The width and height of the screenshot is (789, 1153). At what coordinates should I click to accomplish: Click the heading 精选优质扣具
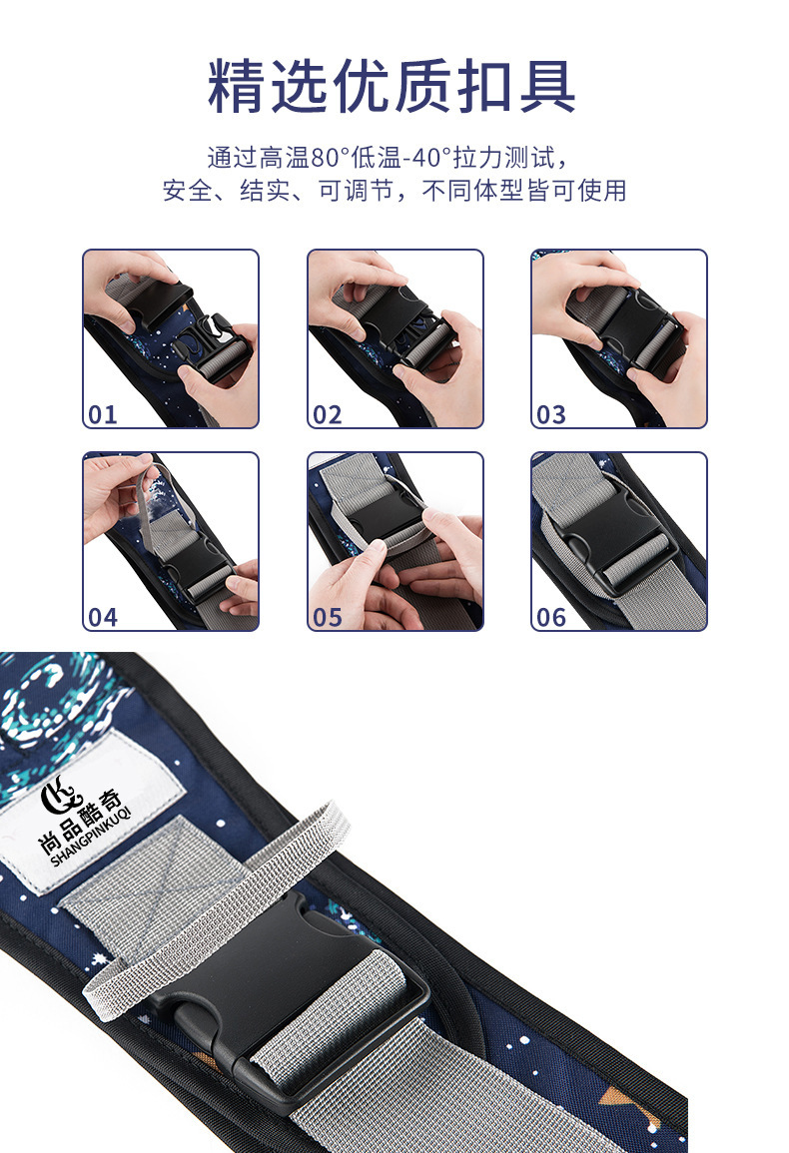(x=392, y=86)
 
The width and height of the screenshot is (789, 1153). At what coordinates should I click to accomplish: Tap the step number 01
(x=103, y=414)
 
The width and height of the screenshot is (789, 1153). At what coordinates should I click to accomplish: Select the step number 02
(x=328, y=414)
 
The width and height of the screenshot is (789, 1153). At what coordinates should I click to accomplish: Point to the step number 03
(x=551, y=414)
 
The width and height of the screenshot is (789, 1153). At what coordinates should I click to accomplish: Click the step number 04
(x=103, y=617)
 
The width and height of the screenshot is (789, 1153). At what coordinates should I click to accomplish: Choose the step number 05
(x=328, y=617)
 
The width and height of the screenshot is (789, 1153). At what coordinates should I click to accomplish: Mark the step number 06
(x=551, y=617)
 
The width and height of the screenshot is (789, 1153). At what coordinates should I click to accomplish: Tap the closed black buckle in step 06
(x=613, y=535)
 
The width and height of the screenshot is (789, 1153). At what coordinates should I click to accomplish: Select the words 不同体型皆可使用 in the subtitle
(x=524, y=191)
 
